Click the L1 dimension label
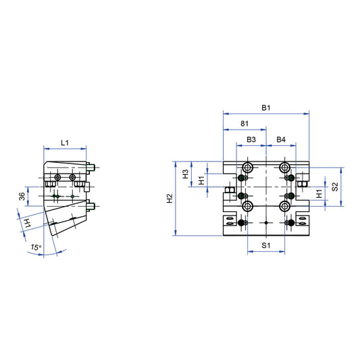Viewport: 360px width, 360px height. click(63, 143)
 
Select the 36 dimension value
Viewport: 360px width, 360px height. click(22, 196)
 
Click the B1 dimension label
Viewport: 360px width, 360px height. click(266, 108)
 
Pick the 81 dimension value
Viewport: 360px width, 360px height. click(245, 124)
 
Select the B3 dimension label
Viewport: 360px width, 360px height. click(251, 140)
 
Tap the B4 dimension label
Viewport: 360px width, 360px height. click(282, 140)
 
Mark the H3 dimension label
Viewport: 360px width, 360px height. click(186, 174)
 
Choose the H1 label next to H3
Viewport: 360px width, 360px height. click(201, 180)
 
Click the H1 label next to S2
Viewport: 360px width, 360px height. click(319, 195)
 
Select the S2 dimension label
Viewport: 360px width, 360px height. click(335, 186)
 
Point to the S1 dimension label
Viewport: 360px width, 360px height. click(266, 246)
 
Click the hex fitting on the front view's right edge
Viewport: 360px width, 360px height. click(302, 180)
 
